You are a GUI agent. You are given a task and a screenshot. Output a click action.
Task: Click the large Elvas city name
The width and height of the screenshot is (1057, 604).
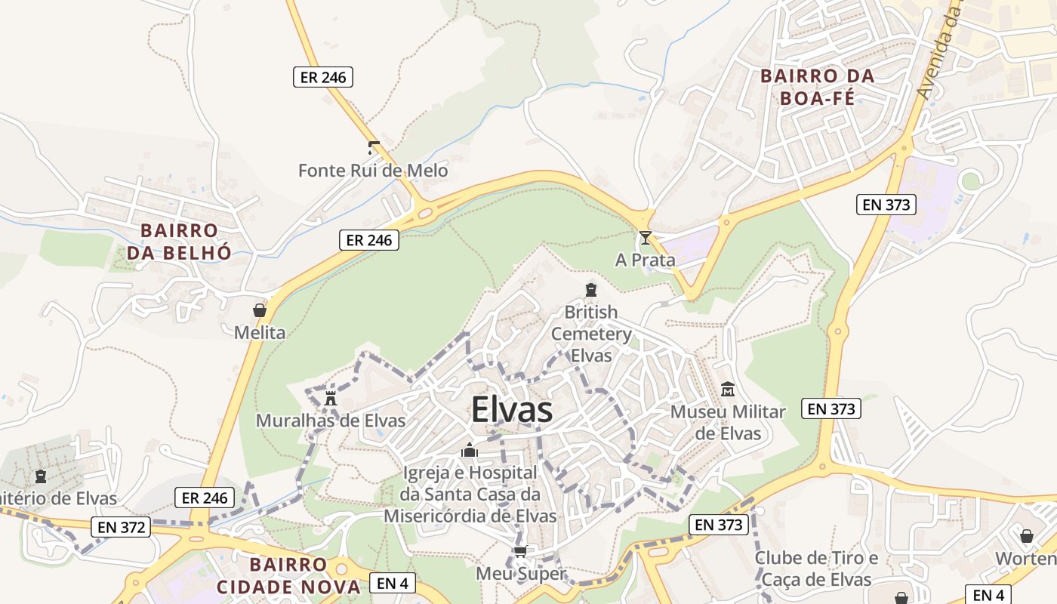(x=512, y=411)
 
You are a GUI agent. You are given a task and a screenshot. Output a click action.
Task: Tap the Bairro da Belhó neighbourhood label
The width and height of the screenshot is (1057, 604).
(x=179, y=242)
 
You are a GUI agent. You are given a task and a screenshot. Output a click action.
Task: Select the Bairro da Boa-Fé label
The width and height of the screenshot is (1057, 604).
(x=817, y=87)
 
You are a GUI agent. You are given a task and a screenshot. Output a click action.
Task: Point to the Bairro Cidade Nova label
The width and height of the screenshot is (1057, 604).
(x=288, y=576)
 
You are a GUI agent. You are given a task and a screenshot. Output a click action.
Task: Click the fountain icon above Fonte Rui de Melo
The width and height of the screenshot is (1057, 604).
(x=373, y=148)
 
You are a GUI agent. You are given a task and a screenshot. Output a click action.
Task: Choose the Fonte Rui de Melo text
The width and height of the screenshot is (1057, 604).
(x=373, y=171)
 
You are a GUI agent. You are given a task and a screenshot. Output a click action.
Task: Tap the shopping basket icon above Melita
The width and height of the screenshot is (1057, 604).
(x=260, y=310)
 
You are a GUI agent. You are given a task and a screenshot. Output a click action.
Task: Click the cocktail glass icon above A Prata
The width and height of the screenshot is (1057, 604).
(x=645, y=238)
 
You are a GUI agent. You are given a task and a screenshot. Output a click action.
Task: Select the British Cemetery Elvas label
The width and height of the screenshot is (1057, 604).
(x=591, y=334)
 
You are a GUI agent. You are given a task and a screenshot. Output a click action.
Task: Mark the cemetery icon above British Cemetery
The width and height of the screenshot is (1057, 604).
(x=591, y=290)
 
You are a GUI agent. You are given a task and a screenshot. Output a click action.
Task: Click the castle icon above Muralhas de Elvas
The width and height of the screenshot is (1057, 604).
(x=330, y=398)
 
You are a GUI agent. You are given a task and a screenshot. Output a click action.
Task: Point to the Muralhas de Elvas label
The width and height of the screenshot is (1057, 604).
(x=331, y=421)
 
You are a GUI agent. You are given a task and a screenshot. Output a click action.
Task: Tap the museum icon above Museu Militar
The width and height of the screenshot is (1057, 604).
(x=728, y=390)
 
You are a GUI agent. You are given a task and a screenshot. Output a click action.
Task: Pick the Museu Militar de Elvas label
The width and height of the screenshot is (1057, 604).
(x=728, y=423)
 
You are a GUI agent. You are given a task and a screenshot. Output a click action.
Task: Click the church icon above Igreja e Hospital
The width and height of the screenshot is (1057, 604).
(x=470, y=451)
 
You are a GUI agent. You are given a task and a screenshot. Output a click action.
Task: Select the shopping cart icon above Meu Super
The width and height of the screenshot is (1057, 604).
(x=519, y=552)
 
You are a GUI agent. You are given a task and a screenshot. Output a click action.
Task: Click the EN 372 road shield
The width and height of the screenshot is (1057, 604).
(x=121, y=527)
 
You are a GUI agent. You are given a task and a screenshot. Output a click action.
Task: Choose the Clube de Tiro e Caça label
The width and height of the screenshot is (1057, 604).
(x=816, y=569)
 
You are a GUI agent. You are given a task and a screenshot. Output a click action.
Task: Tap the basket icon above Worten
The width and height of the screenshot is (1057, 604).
(x=1027, y=536)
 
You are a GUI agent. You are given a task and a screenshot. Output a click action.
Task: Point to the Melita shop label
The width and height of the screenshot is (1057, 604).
(x=260, y=333)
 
